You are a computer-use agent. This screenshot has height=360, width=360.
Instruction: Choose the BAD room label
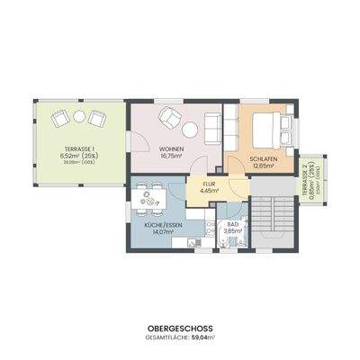click(232, 224)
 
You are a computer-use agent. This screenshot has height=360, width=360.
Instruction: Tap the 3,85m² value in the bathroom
click(232, 231)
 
